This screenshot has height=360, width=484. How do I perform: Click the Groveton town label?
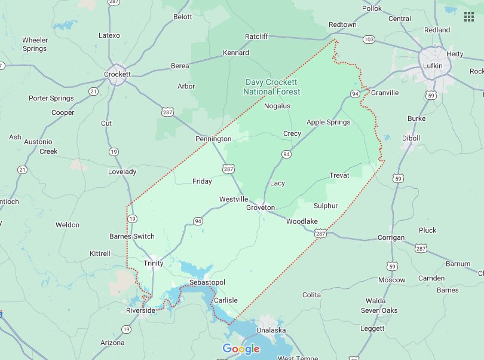coord(261,208)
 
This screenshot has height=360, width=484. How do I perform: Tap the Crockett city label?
coord(117,74)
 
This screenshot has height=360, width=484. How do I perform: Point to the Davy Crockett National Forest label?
coord(271,87)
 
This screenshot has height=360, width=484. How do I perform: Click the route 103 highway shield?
coord(369,39)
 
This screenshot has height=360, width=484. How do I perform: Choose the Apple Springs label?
coord(328,122)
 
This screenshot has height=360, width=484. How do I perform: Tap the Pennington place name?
coord(213,139)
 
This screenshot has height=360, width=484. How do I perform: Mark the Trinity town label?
coord(154,263)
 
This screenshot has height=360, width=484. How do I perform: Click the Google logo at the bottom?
coord(241,349)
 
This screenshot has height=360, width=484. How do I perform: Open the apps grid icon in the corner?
coord(468,16)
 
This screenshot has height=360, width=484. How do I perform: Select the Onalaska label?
coord(271,330)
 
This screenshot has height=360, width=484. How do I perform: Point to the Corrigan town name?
coord(391,237)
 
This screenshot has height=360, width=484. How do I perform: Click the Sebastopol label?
coord(206,282)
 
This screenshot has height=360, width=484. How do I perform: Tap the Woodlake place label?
coord(302,221)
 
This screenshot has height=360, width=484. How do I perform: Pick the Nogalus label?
coord(277,106)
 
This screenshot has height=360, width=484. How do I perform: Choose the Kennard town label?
coord(236,53)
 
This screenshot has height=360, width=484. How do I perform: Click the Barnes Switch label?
coord(131,236)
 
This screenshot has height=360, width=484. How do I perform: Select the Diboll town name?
coord(411,138)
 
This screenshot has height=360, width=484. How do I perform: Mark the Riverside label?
coord(140,310)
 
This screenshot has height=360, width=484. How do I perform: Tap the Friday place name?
coord(202,181)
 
